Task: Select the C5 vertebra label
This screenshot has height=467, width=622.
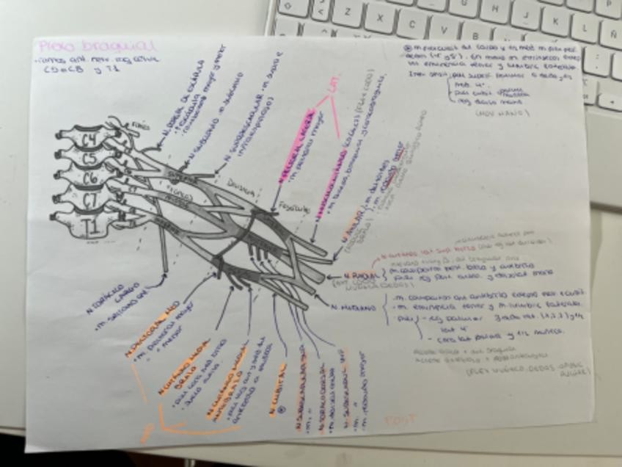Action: click(89, 157)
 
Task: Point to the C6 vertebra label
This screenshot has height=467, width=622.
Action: click(89, 177)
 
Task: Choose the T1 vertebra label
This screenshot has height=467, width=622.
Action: click(89, 220)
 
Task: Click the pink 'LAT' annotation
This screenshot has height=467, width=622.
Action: click(334, 87)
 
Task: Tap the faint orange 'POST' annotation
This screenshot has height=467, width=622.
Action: click(400, 419)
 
